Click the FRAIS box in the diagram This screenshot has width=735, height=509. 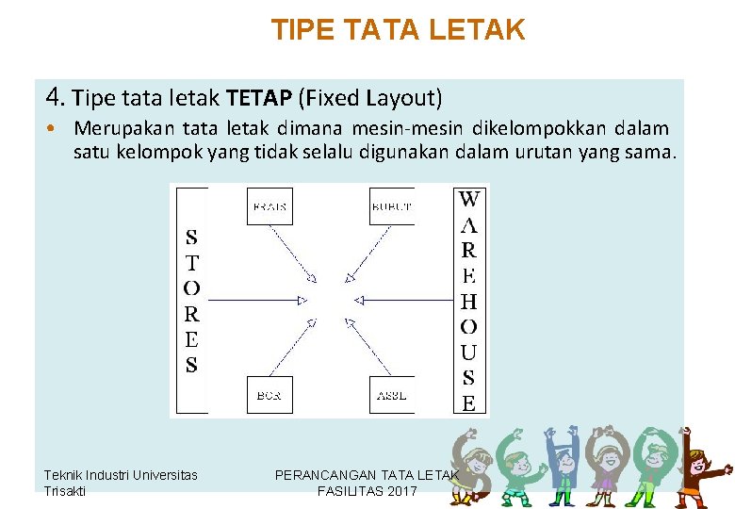(269, 206)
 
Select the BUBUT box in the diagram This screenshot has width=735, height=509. (392, 206)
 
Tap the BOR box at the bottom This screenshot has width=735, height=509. (269, 395)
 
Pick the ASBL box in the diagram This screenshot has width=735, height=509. (392, 395)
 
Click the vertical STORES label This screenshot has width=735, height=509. (191, 301)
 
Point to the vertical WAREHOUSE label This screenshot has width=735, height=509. (468, 301)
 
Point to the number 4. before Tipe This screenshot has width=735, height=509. (56, 97)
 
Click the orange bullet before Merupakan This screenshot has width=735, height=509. (57, 128)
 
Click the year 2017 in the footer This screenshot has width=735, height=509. (400, 491)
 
